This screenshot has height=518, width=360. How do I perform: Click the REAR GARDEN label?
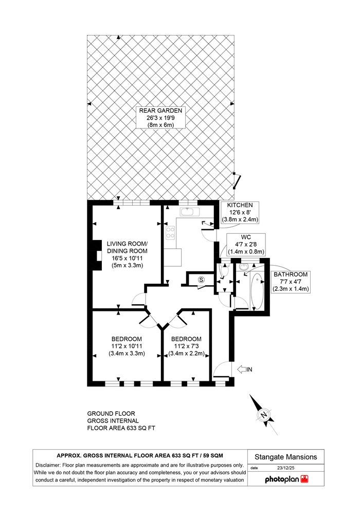(160, 118)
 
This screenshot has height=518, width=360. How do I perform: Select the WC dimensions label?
(246, 245)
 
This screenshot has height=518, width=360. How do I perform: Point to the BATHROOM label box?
(291, 282)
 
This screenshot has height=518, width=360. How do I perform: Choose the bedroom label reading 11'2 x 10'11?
(127, 346)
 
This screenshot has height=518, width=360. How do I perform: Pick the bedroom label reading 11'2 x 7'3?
(186, 346)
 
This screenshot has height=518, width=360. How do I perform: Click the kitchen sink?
(189, 211)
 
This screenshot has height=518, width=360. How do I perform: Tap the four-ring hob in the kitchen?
(170, 232)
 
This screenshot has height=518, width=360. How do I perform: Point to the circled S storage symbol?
(201, 280)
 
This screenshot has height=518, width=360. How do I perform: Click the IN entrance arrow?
(245, 369)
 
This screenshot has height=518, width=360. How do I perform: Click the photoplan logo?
(286, 479)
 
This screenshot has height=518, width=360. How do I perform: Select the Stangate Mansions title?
(285, 457)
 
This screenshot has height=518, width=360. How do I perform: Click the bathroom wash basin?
(245, 266)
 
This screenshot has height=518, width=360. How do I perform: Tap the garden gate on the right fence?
(237, 180)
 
